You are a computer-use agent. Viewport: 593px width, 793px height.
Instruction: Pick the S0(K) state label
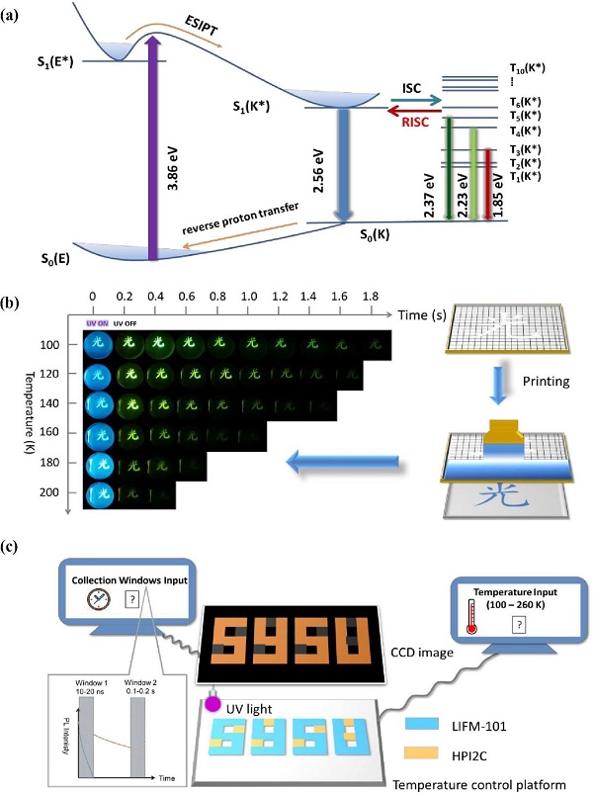(x=381, y=238)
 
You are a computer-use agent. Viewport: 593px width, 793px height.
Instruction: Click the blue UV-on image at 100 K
(x=98, y=345)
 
